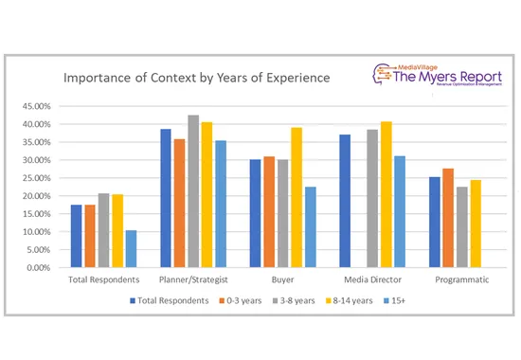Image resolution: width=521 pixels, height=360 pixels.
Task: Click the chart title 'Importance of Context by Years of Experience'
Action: (197, 77)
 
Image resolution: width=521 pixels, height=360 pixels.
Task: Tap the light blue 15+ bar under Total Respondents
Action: (131, 248)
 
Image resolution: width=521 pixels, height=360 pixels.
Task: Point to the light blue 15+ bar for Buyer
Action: (310, 226)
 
